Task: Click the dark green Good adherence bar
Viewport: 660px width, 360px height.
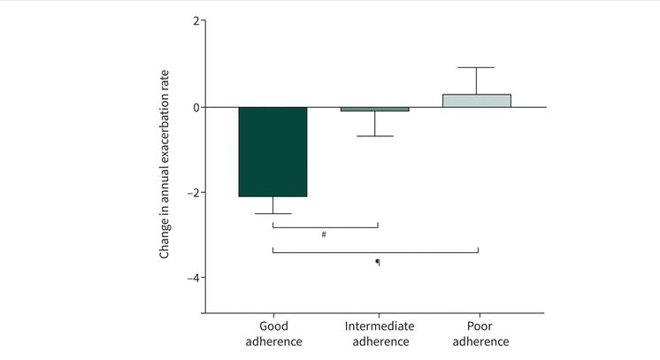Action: [x=272, y=151]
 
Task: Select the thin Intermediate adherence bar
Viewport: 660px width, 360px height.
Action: [x=375, y=109]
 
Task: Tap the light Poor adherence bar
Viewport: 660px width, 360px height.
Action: [x=477, y=100]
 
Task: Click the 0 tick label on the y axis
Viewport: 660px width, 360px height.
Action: [x=196, y=107]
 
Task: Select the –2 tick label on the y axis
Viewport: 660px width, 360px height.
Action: [x=192, y=193]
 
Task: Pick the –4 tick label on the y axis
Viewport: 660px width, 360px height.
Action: [x=192, y=278]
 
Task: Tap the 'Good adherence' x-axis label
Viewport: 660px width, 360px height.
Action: [x=272, y=333]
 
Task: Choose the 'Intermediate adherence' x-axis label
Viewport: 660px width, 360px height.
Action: [x=379, y=333]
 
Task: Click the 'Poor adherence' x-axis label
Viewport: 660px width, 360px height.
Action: [x=477, y=333]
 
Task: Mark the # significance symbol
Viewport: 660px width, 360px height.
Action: [x=325, y=234]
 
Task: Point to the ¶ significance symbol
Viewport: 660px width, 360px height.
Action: [x=378, y=262]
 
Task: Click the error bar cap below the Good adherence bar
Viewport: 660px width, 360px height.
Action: [x=272, y=214]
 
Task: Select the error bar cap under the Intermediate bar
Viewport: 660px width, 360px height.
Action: [x=375, y=136]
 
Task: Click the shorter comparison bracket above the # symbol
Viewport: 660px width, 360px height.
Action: [x=325, y=226]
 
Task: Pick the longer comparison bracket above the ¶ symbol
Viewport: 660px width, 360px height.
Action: [x=375, y=252]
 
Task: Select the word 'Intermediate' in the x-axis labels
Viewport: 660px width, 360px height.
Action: [x=379, y=326]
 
